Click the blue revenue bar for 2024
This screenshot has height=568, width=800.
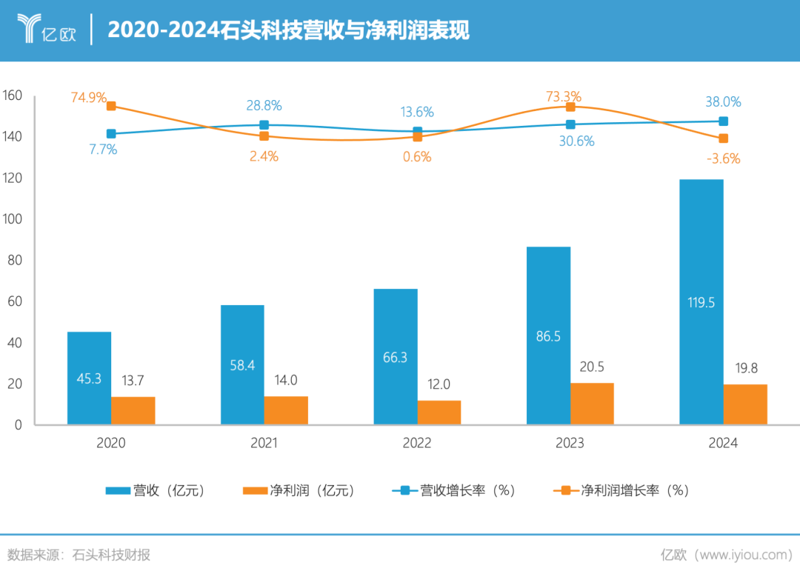(701, 302)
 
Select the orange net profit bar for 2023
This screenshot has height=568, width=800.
(592, 404)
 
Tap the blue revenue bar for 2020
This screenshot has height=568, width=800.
(89, 378)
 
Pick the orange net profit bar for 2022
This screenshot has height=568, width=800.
(439, 412)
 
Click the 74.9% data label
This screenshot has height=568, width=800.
(89, 98)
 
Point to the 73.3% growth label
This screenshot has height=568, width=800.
(563, 96)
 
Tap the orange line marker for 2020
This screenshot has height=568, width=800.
(111, 106)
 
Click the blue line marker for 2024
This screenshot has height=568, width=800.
(723, 121)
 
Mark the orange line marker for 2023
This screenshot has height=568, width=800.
(570, 107)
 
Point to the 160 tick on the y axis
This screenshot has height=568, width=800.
(13, 96)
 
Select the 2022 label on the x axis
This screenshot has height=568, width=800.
(417, 444)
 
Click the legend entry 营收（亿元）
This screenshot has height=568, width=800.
(155, 490)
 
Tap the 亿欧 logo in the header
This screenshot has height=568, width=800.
(46, 30)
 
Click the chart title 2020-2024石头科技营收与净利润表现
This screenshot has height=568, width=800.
(288, 30)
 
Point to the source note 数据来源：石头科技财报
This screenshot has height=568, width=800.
(79, 555)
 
